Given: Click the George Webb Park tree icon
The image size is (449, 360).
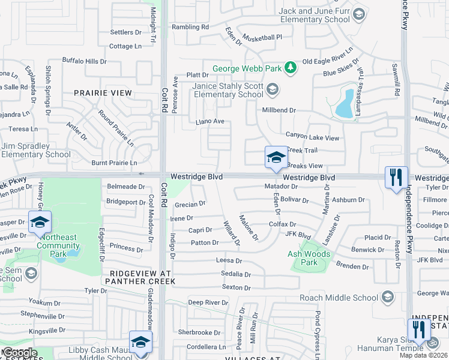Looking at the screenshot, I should [290, 68].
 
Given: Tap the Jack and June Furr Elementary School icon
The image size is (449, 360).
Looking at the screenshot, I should [359, 14].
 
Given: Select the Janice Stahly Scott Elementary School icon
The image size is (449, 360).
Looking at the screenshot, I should [273, 91].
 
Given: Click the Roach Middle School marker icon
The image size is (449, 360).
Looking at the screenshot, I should [388, 296].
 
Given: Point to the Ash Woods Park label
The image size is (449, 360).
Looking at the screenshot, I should [310, 258].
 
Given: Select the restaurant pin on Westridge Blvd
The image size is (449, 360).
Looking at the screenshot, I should [396, 178].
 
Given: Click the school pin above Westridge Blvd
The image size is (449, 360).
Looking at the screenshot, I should [276, 158].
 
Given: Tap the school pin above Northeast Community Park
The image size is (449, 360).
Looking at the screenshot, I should [40, 223].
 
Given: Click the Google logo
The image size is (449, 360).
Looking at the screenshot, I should [19, 353].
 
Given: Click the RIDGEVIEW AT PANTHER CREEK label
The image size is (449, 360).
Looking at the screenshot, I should [137, 277].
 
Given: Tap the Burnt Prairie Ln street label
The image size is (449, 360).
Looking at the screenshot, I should [114, 163].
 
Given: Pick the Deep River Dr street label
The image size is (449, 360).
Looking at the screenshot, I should [208, 302].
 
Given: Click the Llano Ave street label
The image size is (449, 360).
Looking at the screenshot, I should [210, 122].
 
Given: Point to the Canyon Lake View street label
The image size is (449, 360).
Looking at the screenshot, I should [312, 137].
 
